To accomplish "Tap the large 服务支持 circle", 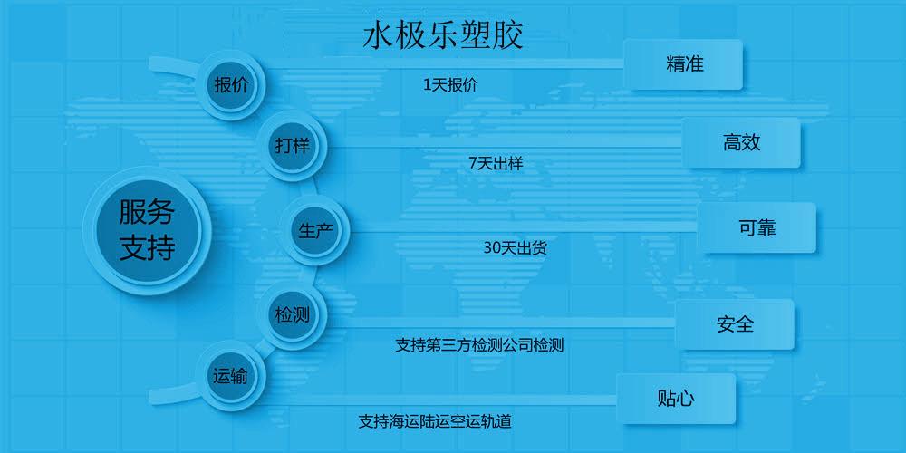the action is pyautogui.click(x=148, y=230).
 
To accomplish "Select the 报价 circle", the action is pyautogui.click(x=231, y=85).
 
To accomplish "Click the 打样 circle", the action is pyautogui.click(x=292, y=146).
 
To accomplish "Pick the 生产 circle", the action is pyautogui.click(x=314, y=230).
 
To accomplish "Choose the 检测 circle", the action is pyautogui.click(x=292, y=315).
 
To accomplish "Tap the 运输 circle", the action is pyautogui.click(x=231, y=376).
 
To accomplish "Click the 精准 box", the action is pyautogui.click(x=683, y=64).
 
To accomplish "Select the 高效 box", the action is pyautogui.click(x=741, y=143).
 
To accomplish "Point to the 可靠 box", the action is pyautogui.click(x=757, y=227).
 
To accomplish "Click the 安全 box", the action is pyautogui.click(x=735, y=324).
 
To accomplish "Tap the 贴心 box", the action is pyautogui.click(x=676, y=398).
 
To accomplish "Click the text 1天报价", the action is pyautogui.click(x=450, y=85).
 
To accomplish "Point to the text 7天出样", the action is pyautogui.click(x=496, y=163).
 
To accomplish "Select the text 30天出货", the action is pyautogui.click(x=516, y=248).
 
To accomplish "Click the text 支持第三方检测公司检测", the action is pyautogui.click(x=479, y=345).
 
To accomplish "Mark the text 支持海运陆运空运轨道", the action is pyautogui.click(x=435, y=420).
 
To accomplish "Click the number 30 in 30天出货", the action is pyautogui.click(x=491, y=248).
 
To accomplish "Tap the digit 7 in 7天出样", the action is pyautogui.click(x=472, y=163).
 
